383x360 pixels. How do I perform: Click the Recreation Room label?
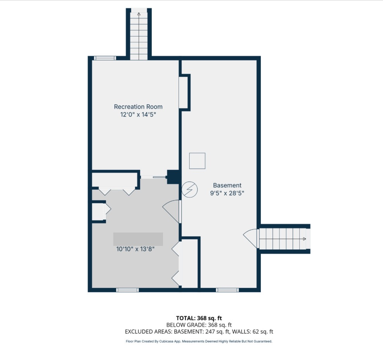click(x=138, y=107)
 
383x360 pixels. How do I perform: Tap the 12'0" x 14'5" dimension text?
click(x=138, y=115)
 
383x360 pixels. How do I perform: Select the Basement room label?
click(x=227, y=185)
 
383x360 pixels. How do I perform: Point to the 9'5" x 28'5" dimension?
click(x=227, y=193)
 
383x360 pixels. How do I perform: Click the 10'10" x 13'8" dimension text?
click(x=135, y=249)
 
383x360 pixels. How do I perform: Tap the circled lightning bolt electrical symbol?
click(x=190, y=190)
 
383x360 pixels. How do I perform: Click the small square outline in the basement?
click(x=197, y=161)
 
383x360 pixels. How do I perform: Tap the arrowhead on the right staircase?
click(x=304, y=239)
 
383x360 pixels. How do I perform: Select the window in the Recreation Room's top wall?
click(x=105, y=58)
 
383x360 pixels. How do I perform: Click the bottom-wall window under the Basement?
click(x=227, y=290)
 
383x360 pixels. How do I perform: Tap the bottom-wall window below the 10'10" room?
click(x=128, y=290)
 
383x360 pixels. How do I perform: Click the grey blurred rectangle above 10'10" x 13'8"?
click(x=138, y=239)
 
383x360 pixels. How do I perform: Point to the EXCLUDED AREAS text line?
click(x=199, y=332)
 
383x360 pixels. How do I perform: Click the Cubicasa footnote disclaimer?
click(x=199, y=341)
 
